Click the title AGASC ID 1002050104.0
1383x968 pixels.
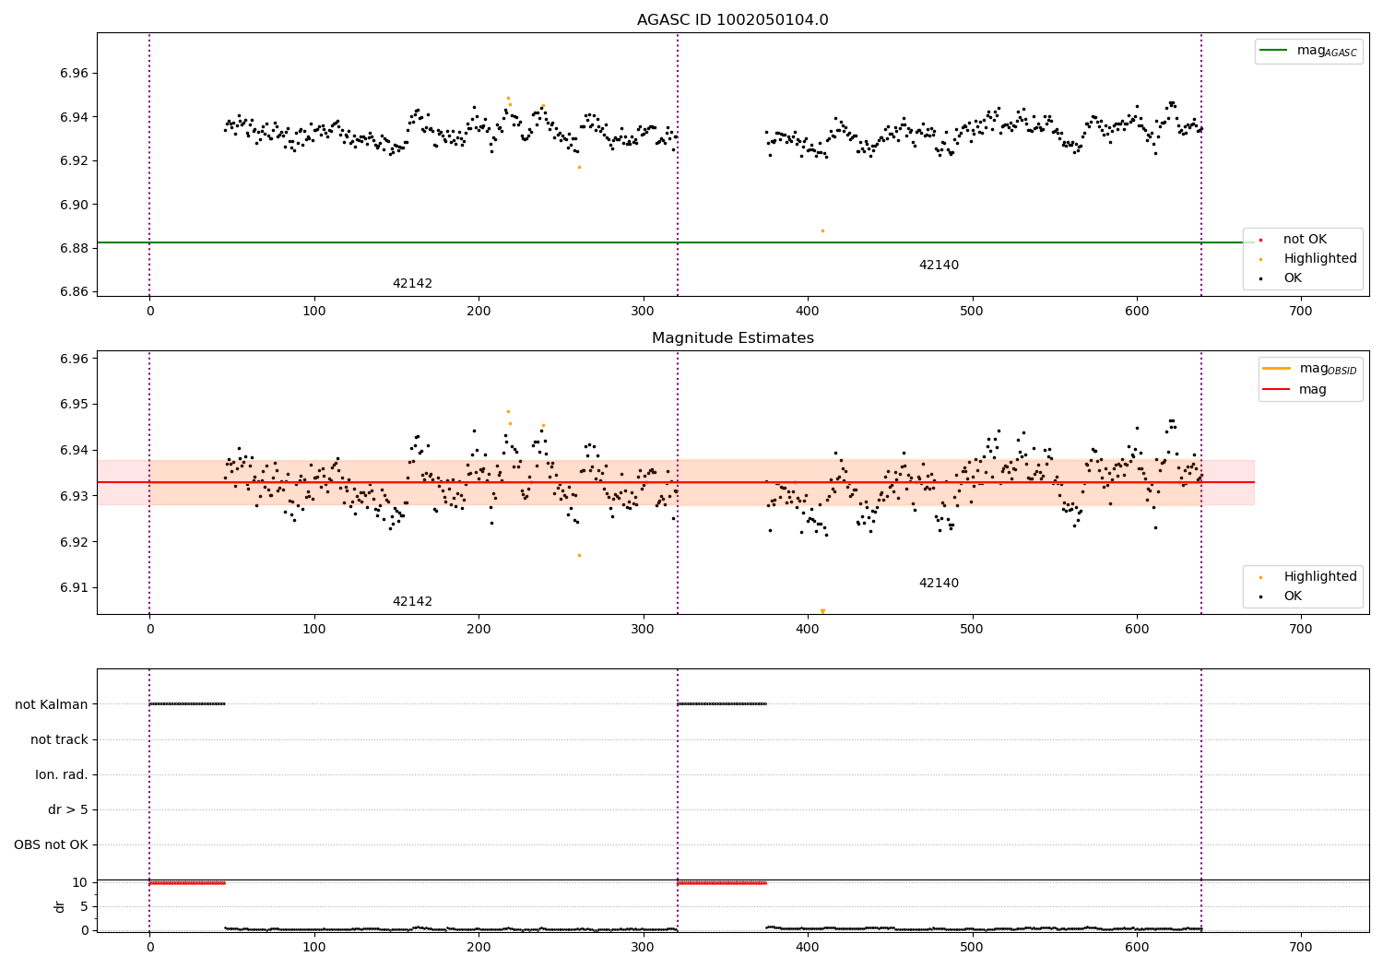point(732,20)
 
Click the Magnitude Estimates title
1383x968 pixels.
point(732,338)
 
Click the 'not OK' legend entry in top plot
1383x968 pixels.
point(1304,240)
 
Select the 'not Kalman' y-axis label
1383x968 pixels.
point(52,704)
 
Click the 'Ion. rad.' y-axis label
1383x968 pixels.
point(62,774)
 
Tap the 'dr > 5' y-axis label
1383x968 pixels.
point(68,809)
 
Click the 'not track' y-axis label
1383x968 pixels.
point(59,739)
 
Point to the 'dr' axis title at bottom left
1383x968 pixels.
point(60,906)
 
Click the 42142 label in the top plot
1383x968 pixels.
point(412,284)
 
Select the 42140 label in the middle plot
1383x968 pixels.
point(939,584)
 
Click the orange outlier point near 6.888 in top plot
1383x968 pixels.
point(822,230)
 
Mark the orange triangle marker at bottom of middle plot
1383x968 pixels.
point(822,611)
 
